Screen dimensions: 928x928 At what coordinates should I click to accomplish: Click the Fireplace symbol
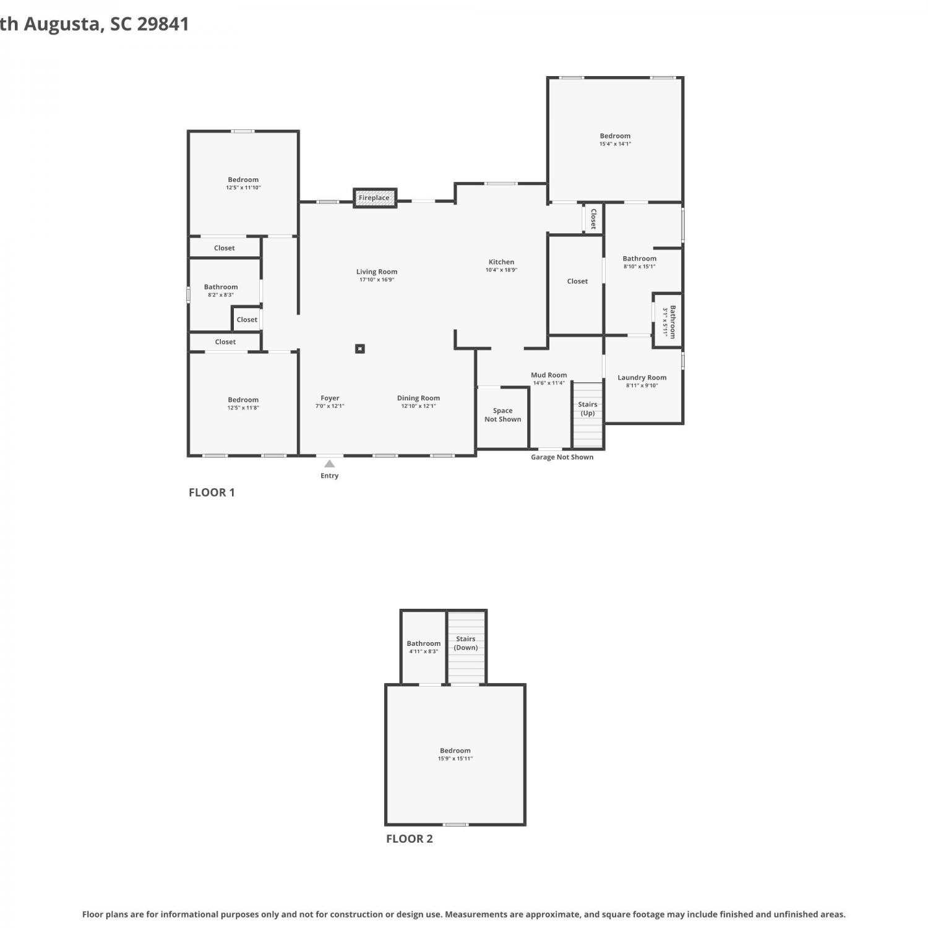(x=375, y=198)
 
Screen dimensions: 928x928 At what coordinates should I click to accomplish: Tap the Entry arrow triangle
(x=330, y=463)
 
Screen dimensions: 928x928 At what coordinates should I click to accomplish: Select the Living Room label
(x=377, y=272)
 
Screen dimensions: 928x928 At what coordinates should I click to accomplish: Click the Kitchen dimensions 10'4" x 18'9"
(x=501, y=270)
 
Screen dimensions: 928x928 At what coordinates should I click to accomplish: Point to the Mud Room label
(x=549, y=375)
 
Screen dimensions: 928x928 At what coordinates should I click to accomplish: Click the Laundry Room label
(x=642, y=377)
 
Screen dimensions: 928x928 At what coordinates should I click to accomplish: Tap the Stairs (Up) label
(x=588, y=409)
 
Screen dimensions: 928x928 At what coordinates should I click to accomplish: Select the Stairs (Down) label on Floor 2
(x=466, y=643)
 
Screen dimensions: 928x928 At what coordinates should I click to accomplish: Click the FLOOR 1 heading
(x=212, y=492)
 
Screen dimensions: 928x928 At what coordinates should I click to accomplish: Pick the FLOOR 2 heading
(x=410, y=839)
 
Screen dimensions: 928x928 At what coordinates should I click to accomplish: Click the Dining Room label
(x=419, y=398)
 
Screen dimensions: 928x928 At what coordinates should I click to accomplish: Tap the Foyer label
(x=330, y=398)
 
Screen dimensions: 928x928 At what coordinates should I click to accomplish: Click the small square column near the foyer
(x=360, y=349)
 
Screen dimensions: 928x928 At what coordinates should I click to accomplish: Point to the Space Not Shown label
(x=503, y=415)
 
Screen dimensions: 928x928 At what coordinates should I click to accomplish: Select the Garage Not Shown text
(x=562, y=457)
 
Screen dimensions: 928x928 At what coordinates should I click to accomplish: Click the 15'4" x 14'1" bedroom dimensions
(x=615, y=144)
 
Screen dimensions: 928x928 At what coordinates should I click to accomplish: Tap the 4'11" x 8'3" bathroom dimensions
(x=424, y=651)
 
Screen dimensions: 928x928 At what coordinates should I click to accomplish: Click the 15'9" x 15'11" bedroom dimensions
(x=455, y=758)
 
